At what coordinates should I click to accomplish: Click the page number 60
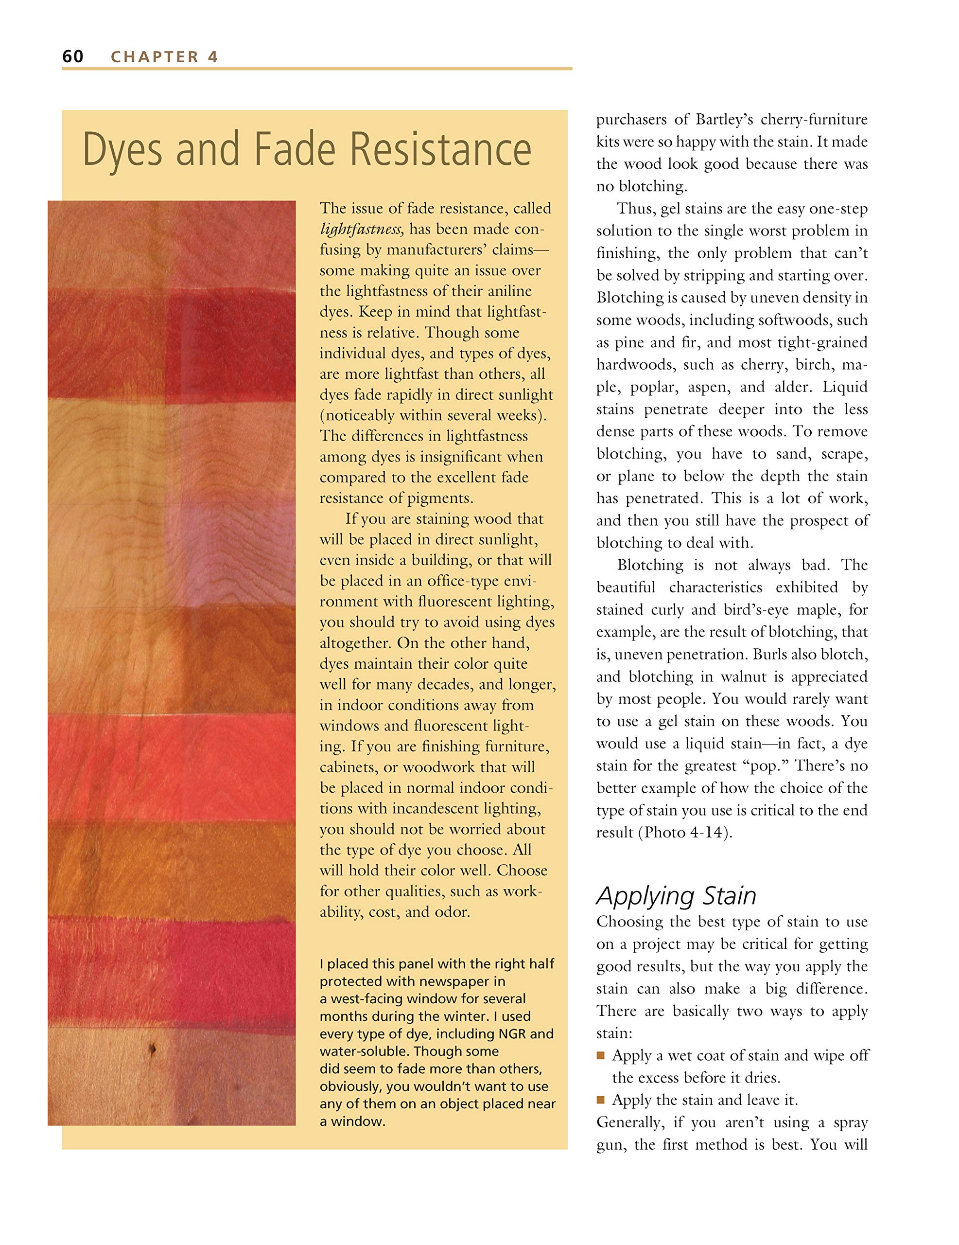73,56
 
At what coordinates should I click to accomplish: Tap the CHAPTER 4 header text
165,57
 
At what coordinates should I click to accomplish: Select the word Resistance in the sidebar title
440,149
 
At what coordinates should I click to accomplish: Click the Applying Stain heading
676,895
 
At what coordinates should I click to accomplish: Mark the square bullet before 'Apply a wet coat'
601,1055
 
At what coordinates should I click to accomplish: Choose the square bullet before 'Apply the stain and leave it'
601,1100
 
